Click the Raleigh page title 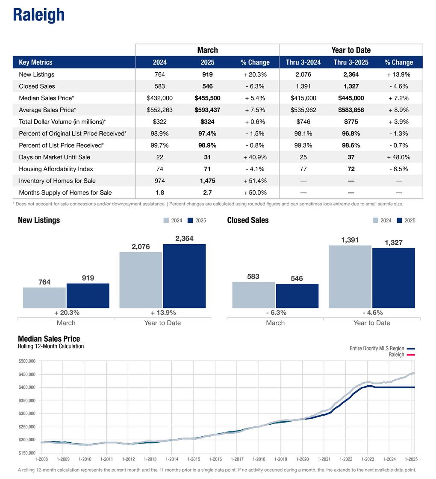coord(38,15)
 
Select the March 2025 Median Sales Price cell coord(207,98)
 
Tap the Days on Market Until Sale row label coord(54,157)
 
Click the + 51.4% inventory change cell coord(255,180)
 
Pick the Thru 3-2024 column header coord(303,62)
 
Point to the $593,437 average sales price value coord(207,110)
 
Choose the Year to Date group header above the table coord(351,50)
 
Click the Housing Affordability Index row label coord(56,169)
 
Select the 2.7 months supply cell coord(207,192)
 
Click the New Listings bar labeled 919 coord(88,296)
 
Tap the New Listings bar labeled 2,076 coord(141,280)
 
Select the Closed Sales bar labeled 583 coord(253,295)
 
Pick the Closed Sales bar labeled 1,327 coord(393,278)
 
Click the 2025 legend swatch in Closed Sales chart coord(400,221)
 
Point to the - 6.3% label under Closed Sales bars coord(275,313)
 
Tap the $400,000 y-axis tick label coord(27,387)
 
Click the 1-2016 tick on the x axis coord(215,459)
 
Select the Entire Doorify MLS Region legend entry coord(377,349)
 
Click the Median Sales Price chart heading coord(49,339)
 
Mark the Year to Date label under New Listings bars coord(162,323)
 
